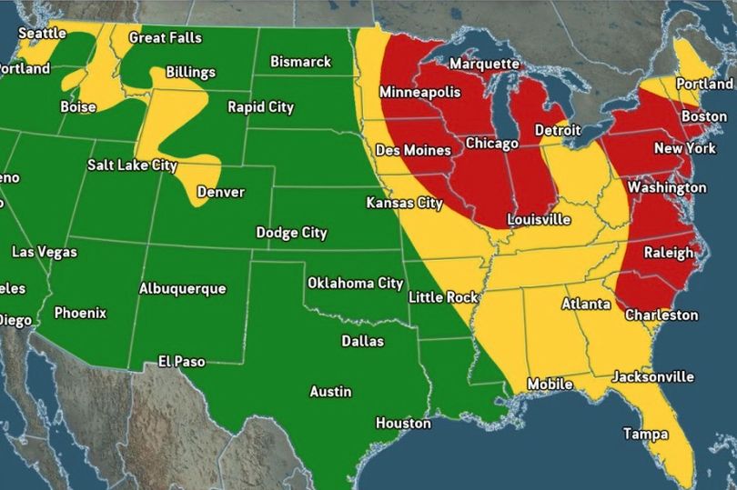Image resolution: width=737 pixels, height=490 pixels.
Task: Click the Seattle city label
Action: coord(42,33)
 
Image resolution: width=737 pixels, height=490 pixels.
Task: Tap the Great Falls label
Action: coord(165,38)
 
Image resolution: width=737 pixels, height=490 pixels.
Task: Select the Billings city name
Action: coord(190,73)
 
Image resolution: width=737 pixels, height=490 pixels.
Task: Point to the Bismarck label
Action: coord(300,62)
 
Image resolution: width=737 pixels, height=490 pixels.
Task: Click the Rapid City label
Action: coord(260,107)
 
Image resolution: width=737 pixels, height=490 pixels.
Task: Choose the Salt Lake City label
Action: coord(132,165)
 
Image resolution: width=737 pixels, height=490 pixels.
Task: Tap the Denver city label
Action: coord(220,193)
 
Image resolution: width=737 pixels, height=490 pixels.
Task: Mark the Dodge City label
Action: coord(291,234)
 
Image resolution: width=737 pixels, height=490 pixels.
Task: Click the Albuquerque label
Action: coord(182,289)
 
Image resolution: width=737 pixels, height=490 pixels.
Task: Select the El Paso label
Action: coord(181,362)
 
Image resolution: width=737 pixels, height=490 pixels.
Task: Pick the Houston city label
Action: coord(403,424)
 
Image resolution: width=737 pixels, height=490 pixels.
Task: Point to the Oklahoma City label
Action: coord(355,284)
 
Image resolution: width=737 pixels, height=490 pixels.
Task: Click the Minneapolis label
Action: coord(419,93)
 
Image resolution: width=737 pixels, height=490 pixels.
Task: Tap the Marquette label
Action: coord(484,65)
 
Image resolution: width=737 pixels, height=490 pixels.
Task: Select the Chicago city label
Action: coord(491,144)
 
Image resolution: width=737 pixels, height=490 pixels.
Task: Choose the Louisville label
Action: coord(539,220)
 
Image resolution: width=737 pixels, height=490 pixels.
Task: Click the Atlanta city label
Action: coord(586,304)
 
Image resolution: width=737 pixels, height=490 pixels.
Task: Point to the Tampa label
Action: coord(645,435)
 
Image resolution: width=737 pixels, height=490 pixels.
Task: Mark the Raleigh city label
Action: coord(669,253)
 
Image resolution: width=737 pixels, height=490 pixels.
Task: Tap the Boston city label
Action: coord(703,116)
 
